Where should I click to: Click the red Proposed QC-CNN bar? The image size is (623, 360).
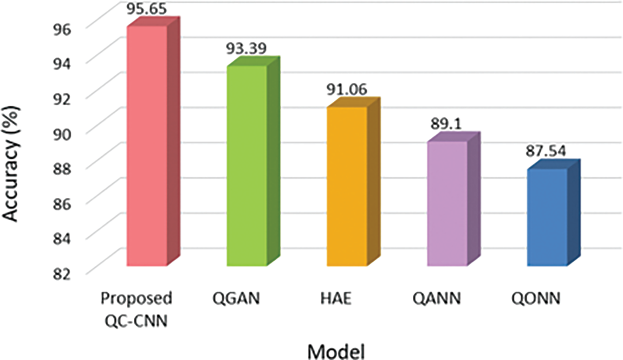(x=146, y=146)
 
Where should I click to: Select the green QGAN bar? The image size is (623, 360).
(x=247, y=165)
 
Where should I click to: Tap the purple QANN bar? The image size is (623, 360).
(x=447, y=203)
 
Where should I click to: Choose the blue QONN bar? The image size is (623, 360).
(x=547, y=217)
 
